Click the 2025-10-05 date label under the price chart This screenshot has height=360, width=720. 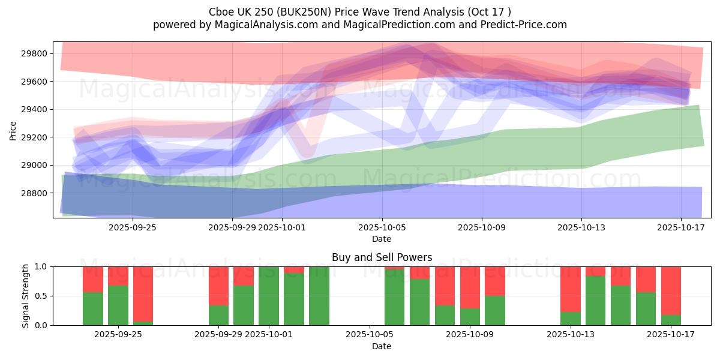(x=382, y=228)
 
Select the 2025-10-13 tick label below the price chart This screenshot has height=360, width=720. (x=581, y=228)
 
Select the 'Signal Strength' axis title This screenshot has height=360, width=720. (x=26, y=296)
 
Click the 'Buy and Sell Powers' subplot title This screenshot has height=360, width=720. (x=382, y=257)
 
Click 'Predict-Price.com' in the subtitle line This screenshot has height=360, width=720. (x=524, y=25)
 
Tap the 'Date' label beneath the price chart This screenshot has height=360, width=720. (x=382, y=239)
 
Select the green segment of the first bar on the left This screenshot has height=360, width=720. (x=93, y=308)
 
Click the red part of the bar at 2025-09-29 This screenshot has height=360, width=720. (x=219, y=286)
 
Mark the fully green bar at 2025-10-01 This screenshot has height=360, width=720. (x=269, y=296)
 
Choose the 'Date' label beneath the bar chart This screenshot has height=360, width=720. (x=382, y=346)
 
